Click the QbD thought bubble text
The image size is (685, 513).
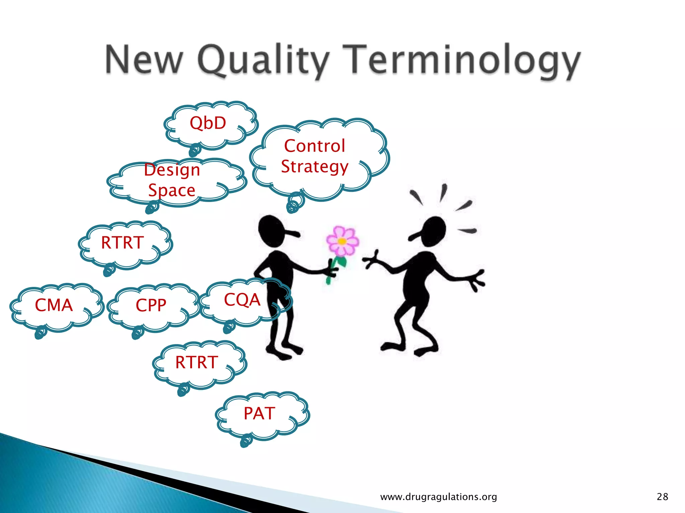point(208,123)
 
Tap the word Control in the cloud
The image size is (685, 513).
point(314,146)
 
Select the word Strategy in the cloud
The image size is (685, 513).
point(314,167)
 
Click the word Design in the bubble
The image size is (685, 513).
point(172,170)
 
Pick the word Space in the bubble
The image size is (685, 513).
point(172,190)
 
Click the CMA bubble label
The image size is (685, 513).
point(54,305)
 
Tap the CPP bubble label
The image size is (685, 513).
point(151,305)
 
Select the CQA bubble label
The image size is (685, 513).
point(242,300)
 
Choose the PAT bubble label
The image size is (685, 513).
point(259,413)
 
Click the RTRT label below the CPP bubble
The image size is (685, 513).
point(197,362)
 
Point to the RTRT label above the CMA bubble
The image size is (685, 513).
point(122,242)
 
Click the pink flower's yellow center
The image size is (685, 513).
point(342,241)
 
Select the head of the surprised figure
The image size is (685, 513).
point(434,230)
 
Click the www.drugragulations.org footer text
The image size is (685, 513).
point(438,497)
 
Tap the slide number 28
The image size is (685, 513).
point(662,497)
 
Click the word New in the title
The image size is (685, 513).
point(144,60)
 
